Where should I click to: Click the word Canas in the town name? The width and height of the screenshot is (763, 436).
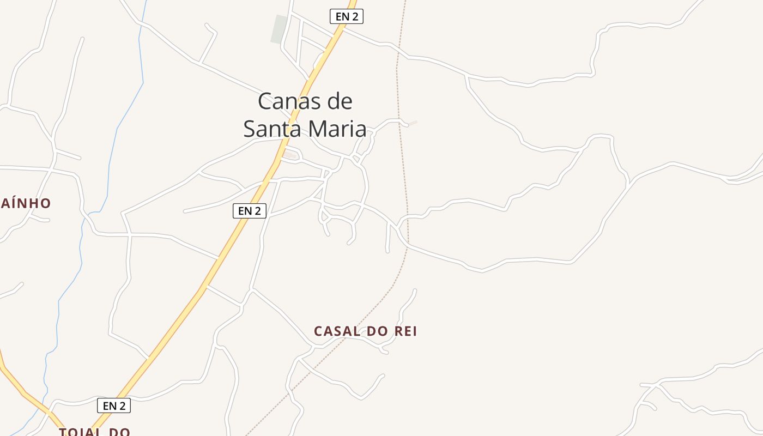click(289, 101)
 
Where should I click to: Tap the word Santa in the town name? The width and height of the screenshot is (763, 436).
click(270, 129)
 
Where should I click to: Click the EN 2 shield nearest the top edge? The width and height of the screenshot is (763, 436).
click(346, 16)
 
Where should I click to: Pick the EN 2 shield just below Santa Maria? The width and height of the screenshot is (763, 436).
click(249, 210)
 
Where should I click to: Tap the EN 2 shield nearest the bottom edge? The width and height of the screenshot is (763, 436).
click(113, 405)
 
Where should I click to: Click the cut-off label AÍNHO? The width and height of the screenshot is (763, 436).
click(26, 203)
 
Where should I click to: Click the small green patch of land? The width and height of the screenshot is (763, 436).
click(280, 29)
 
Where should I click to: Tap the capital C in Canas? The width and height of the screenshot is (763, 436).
click(265, 101)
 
